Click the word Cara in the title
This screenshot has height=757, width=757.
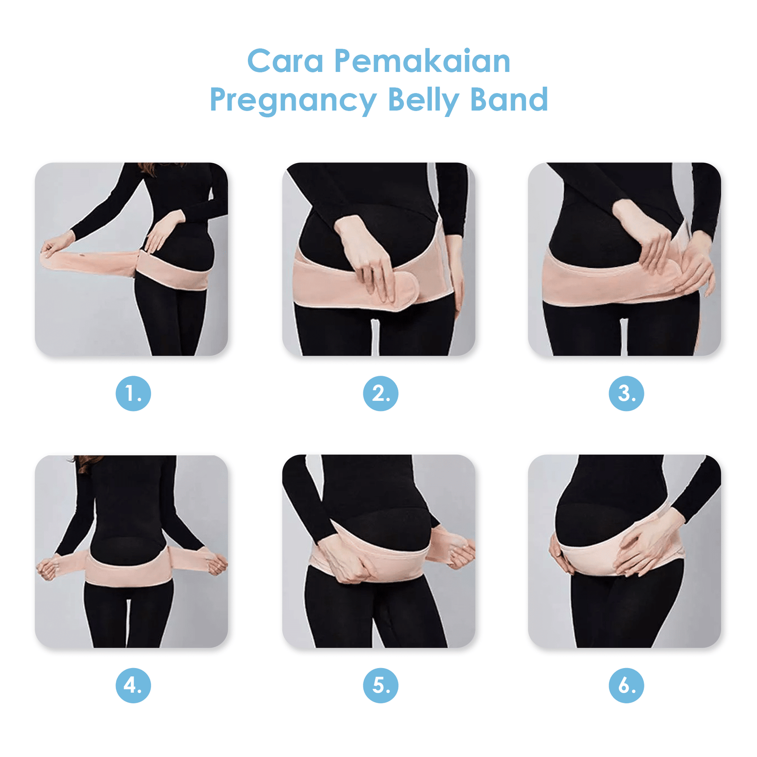pyautogui.click(x=285, y=62)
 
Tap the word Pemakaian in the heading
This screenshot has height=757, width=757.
pyautogui.click(x=423, y=62)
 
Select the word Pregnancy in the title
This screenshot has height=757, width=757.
pyautogui.click(x=293, y=100)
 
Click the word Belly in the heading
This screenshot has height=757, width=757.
pyautogui.click(x=423, y=100)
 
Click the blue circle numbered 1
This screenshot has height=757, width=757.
pyautogui.click(x=133, y=393)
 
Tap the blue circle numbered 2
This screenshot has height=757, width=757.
pyautogui.click(x=380, y=393)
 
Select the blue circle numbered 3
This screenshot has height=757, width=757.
pyautogui.click(x=626, y=393)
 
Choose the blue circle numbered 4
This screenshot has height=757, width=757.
pyautogui.click(x=133, y=685)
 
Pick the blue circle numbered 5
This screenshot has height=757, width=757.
pyautogui.click(x=380, y=685)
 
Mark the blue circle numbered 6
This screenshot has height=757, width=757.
pyautogui.click(x=626, y=685)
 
